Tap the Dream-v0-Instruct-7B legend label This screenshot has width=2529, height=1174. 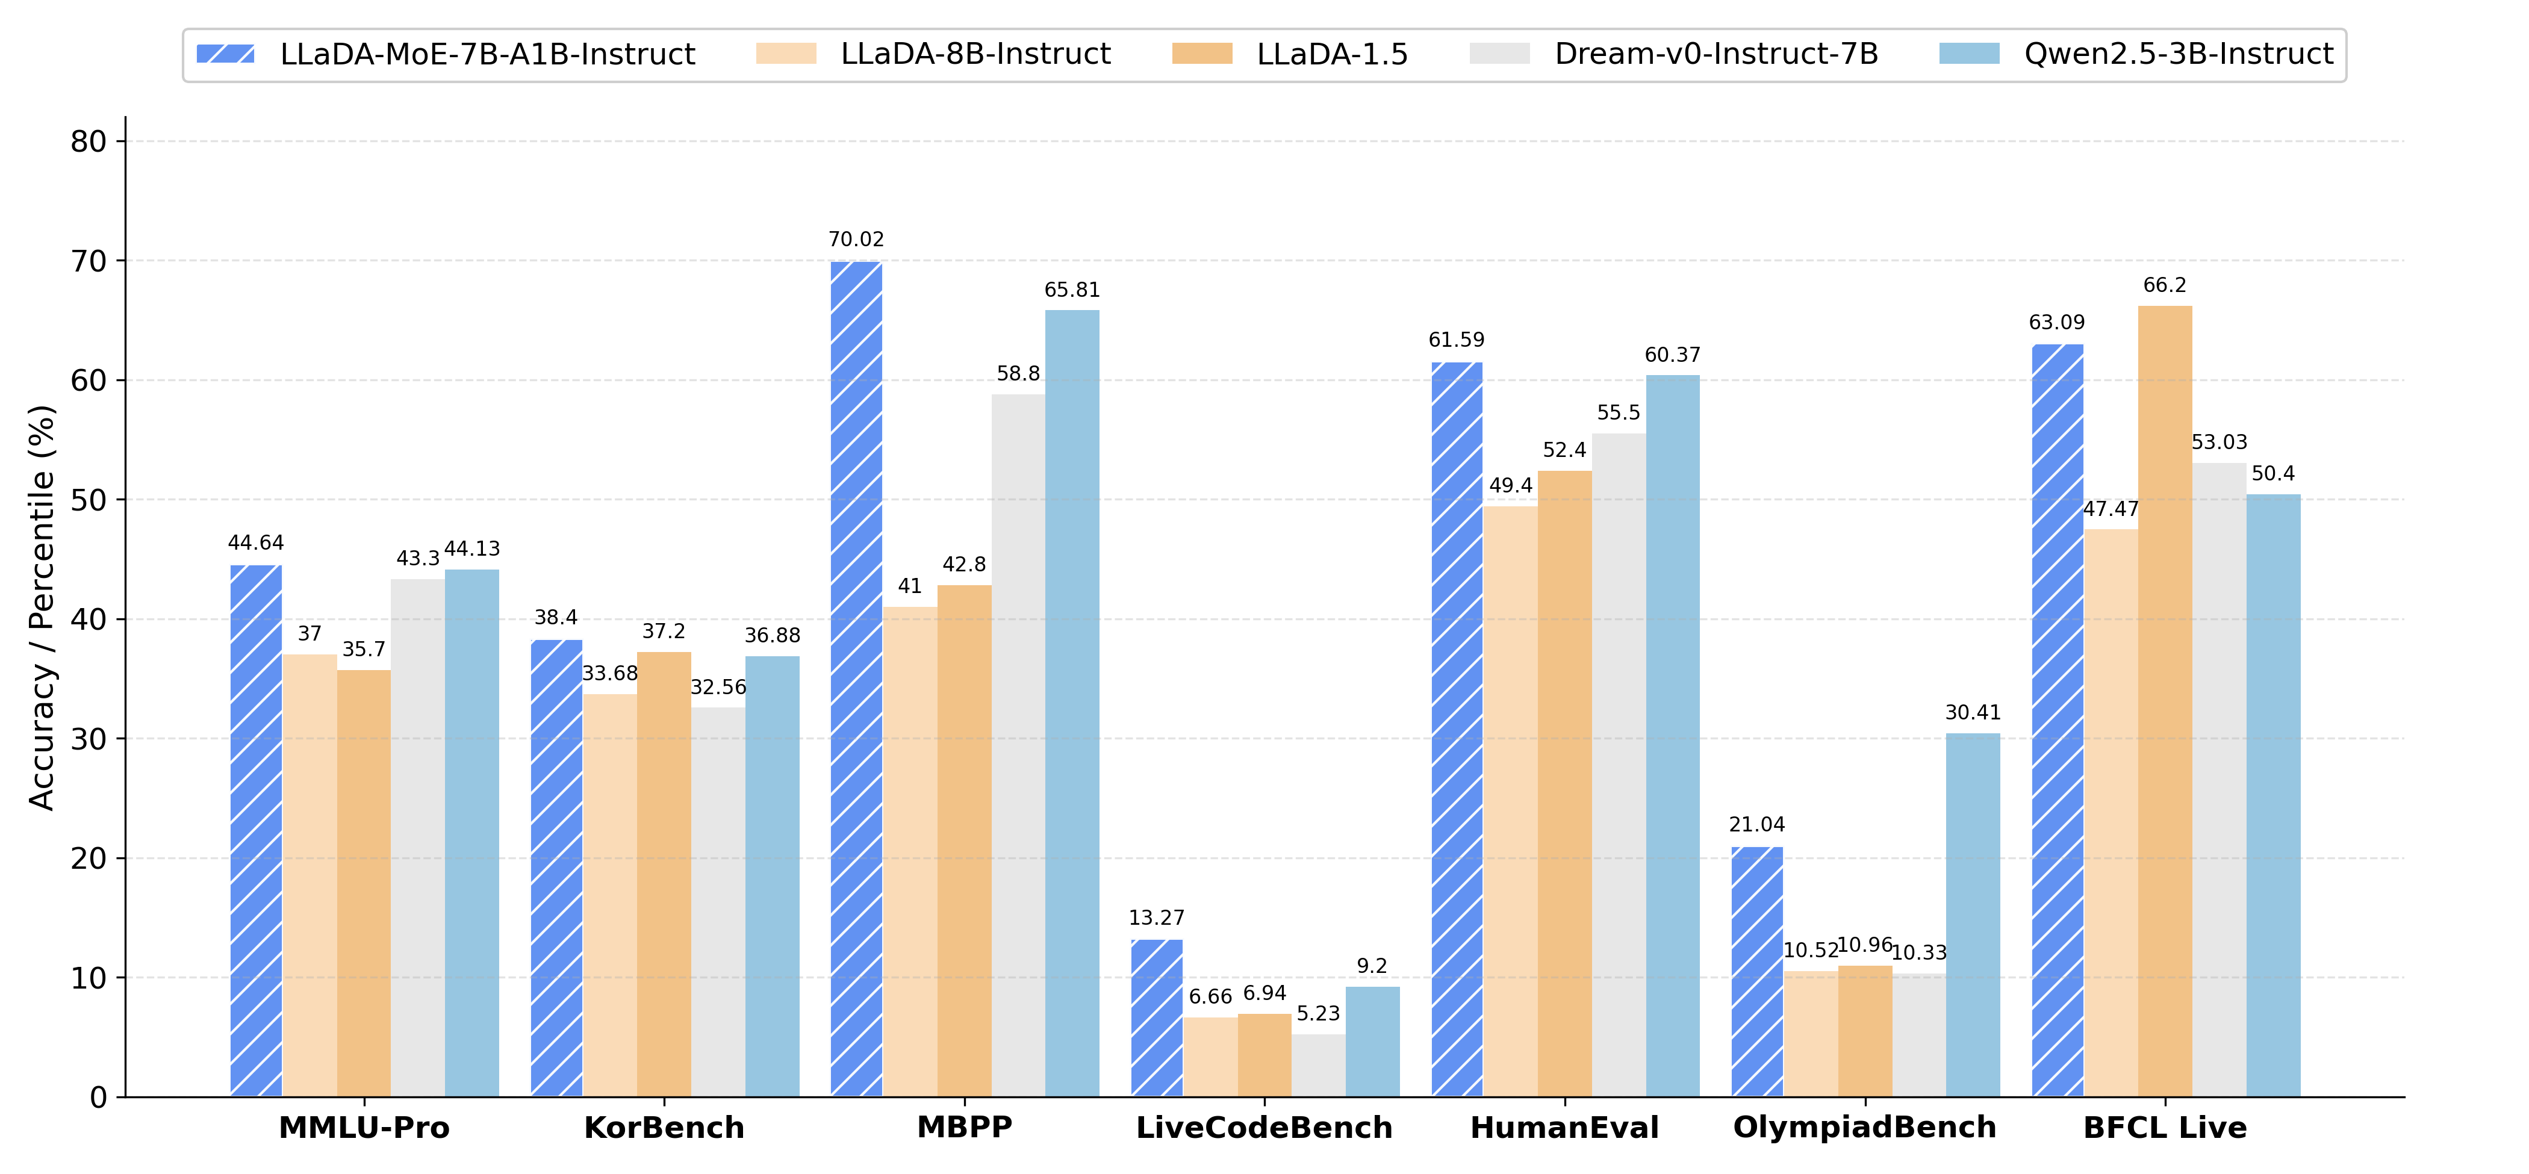click(1716, 54)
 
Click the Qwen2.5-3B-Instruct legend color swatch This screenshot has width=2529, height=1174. click(1970, 54)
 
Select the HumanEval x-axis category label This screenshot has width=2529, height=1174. click(1564, 1128)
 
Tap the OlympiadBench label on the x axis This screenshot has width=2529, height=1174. click(1864, 1128)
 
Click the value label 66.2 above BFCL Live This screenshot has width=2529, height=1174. click(2165, 285)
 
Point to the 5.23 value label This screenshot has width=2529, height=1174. click(1317, 1014)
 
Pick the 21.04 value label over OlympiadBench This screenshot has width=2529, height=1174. click(1756, 825)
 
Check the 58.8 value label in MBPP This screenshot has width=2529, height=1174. click(1018, 374)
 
